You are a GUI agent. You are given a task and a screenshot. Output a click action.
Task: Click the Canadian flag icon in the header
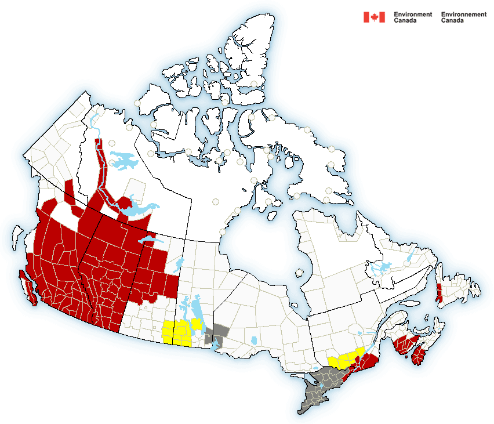click(374, 17)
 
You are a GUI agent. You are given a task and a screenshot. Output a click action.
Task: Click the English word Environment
click(413, 14)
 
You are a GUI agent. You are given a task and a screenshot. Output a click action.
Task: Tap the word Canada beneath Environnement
click(452, 20)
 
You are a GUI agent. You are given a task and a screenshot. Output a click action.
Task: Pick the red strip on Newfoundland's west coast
click(439, 289)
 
